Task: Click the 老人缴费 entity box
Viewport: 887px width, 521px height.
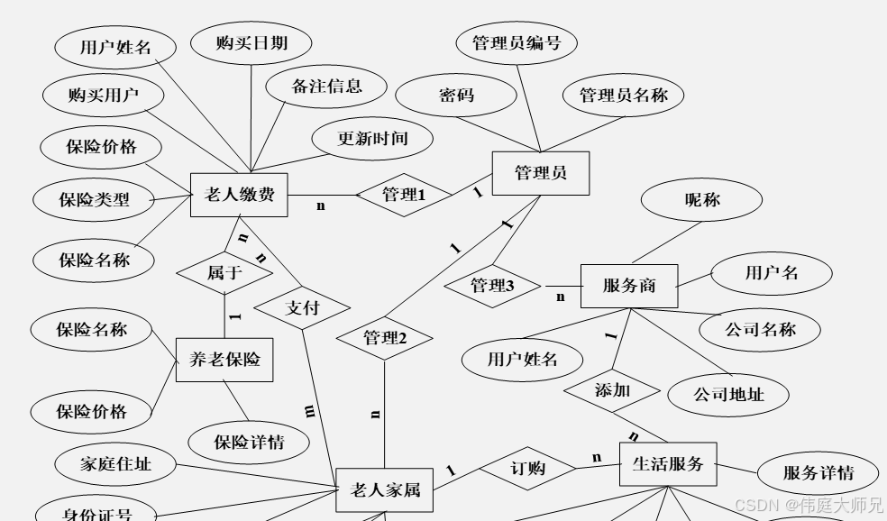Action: pyautogui.click(x=239, y=194)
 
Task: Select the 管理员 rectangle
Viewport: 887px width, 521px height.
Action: pyautogui.click(x=541, y=173)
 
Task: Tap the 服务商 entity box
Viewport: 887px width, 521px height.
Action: pyautogui.click(x=628, y=287)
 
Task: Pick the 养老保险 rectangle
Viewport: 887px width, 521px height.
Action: pyautogui.click(x=224, y=360)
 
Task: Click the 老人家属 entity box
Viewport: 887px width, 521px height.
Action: pyautogui.click(x=384, y=491)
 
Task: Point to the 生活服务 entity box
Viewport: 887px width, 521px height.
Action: pyautogui.click(x=668, y=465)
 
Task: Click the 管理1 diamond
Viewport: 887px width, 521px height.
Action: pyautogui.click(x=403, y=195)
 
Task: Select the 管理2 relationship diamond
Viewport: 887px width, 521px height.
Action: pyautogui.click(x=385, y=339)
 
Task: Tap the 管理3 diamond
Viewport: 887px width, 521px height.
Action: pyautogui.click(x=492, y=287)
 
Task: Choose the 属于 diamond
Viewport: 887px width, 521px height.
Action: pyautogui.click(x=224, y=272)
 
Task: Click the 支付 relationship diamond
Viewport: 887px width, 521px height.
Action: pyautogui.click(x=302, y=307)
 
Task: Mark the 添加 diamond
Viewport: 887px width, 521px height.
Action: pyautogui.click(x=612, y=391)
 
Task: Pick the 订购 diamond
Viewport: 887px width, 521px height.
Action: pyautogui.click(x=527, y=469)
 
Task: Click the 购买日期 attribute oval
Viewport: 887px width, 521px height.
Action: pyautogui.click(x=251, y=43)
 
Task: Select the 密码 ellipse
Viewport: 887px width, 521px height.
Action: pyautogui.click(x=456, y=95)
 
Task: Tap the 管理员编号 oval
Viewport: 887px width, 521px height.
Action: pyautogui.click(x=517, y=43)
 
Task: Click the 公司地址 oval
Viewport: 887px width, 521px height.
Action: pyautogui.click(x=728, y=394)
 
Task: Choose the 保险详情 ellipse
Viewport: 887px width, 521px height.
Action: pyautogui.click(x=249, y=442)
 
